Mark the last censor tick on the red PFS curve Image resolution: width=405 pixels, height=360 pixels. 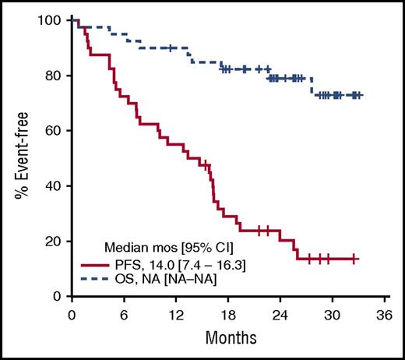[x=355, y=258]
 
